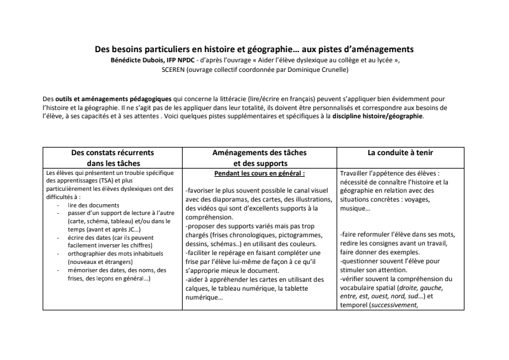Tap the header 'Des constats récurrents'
point(112,153)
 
